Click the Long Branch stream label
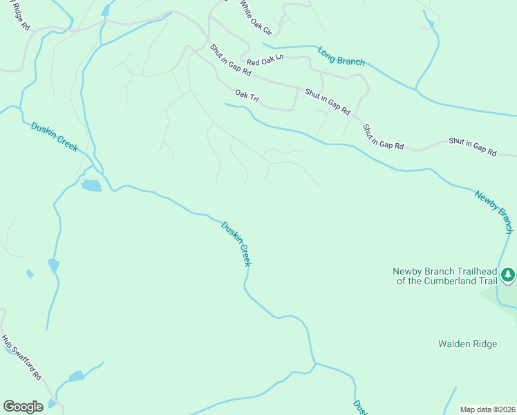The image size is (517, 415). (x=341, y=56)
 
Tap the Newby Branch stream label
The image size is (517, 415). (x=495, y=211)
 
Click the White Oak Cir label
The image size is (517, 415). (x=256, y=18)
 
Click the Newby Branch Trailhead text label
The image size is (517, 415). (x=445, y=276)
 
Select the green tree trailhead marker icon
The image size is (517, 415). (x=508, y=275)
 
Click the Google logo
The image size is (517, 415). (x=23, y=407)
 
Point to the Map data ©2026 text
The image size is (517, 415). (x=487, y=409)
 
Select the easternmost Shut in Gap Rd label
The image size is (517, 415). (x=473, y=146)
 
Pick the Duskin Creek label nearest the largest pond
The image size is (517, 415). (x=55, y=137)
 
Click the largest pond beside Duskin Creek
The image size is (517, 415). (x=91, y=185)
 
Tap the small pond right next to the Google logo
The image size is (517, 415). (x=52, y=404)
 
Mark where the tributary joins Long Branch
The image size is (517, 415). (x=416, y=89)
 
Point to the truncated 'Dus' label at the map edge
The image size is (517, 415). (x=359, y=407)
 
